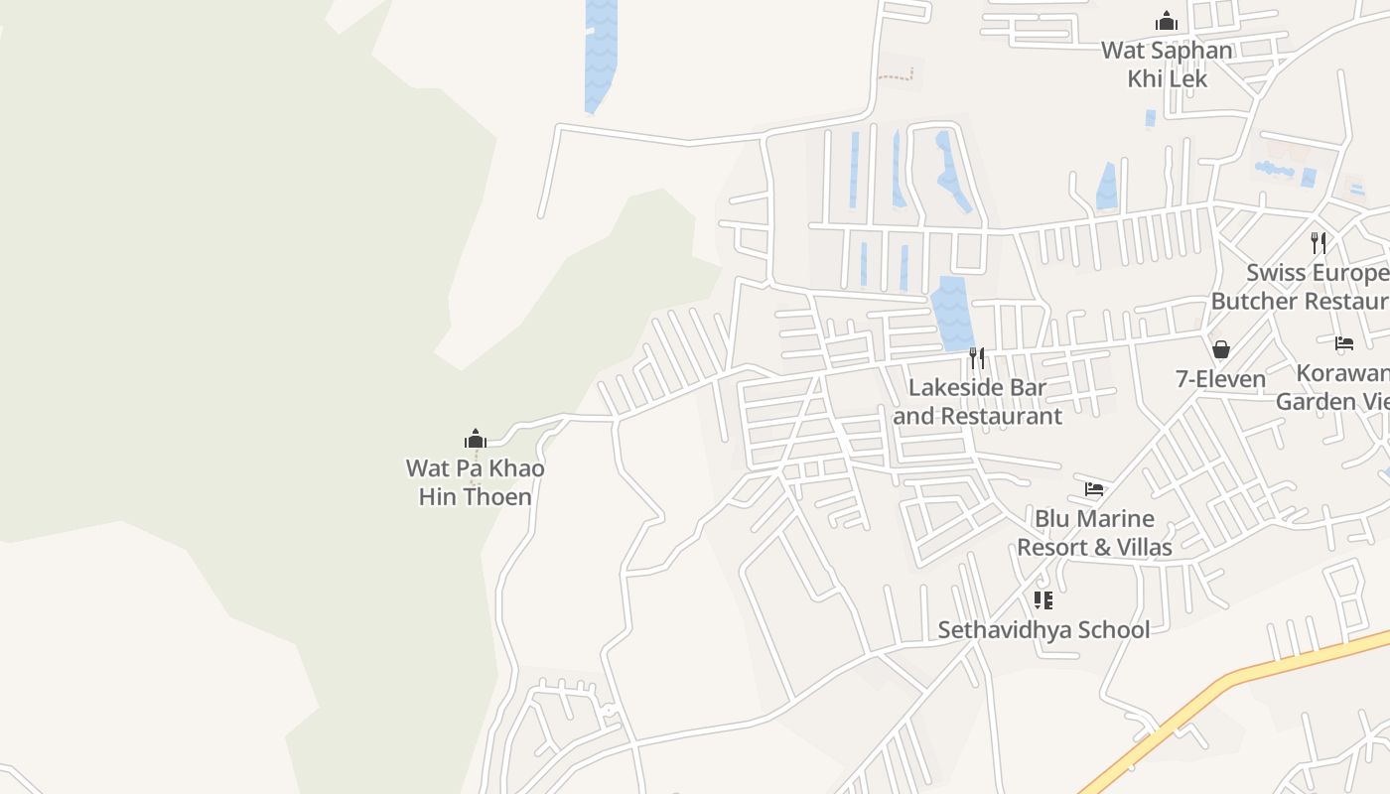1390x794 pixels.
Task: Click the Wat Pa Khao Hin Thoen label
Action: click(475, 482)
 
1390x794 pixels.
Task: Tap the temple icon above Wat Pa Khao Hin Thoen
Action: click(476, 439)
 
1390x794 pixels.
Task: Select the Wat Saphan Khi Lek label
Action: click(1167, 65)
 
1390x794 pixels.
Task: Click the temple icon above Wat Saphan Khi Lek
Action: click(1166, 20)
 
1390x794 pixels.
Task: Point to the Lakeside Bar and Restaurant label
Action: click(977, 402)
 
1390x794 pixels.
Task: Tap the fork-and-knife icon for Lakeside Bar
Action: click(977, 357)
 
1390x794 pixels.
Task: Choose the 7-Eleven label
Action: click(1220, 379)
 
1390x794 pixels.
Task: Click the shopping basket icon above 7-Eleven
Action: click(1220, 349)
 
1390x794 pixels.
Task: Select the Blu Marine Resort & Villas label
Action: click(1094, 533)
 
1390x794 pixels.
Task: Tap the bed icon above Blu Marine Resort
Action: click(1094, 488)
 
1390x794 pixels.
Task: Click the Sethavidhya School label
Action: click(1043, 630)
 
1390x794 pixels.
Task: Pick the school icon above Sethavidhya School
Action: click(1042, 599)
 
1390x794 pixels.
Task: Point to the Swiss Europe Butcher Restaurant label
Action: click(1317, 287)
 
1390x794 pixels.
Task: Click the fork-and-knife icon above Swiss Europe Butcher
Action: click(1319, 242)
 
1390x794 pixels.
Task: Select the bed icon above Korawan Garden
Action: click(1344, 343)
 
